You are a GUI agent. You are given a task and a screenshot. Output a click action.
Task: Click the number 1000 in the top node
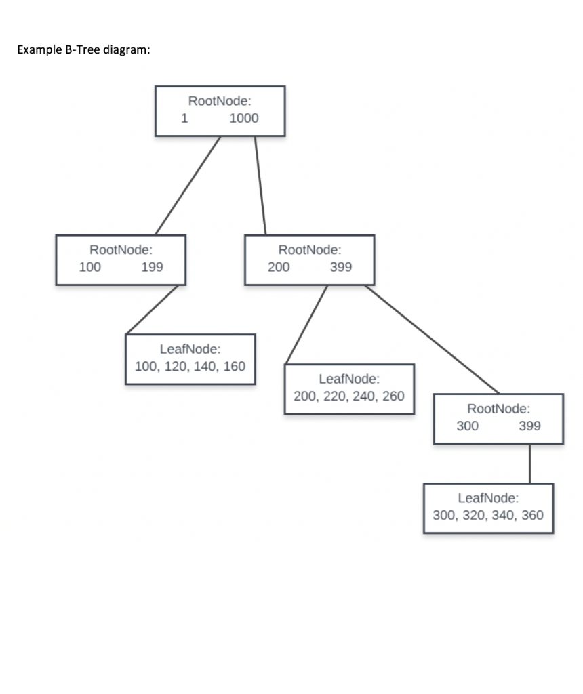point(244,118)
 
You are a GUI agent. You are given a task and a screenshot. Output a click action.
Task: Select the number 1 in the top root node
point(184,118)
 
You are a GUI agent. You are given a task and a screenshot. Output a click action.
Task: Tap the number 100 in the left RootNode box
point(89,267)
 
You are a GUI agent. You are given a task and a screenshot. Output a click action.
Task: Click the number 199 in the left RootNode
point(152,267)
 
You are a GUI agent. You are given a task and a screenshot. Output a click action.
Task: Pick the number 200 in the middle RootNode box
point(278,267)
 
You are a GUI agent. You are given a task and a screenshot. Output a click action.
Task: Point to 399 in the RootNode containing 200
point(340,267)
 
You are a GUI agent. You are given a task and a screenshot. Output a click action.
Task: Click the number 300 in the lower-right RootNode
point(467,426)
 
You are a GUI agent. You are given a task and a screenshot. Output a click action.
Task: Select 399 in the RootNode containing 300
point(529,426)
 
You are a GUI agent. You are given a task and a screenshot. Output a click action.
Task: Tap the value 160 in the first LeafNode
point(235,367)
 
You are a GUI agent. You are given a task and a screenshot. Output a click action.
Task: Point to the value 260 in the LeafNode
point(393,396)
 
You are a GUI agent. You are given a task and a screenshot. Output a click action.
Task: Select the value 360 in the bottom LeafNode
point(532,515)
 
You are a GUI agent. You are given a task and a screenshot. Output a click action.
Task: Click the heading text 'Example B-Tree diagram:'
point(83,50)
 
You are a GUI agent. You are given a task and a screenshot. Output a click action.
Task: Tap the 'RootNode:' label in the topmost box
point(220,102)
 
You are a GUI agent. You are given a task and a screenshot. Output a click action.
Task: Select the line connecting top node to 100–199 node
point(188,185)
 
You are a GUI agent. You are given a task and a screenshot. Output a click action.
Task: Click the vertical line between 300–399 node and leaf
point(529,464)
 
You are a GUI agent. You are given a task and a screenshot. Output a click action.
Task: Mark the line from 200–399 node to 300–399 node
point(433,339)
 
